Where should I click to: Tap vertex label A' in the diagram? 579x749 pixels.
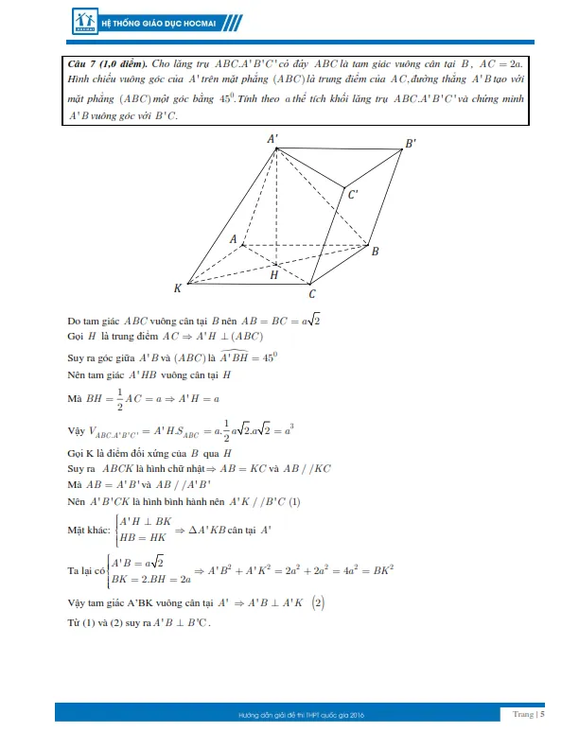coord(272,139)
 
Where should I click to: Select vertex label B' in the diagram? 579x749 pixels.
coord(411,144)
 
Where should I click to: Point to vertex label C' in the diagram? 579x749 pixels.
coord(353,196)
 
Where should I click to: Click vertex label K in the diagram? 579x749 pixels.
coord(178,287)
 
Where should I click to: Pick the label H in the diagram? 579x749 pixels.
coord(273,275)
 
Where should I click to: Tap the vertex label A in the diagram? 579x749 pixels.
coord(233,240)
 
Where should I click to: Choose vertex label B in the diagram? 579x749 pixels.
coord(376,251)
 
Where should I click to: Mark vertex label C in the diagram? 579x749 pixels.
coord(312,294)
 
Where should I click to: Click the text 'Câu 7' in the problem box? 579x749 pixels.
coord(74,62)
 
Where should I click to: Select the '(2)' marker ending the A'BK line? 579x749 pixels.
coord(319,603)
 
